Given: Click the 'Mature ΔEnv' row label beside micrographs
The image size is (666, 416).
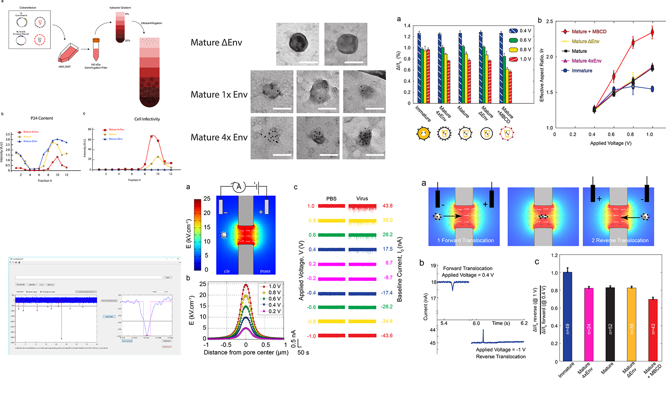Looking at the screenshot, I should [x=216, y=42].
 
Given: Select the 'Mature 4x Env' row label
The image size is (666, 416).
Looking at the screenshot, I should [x=219, y=137].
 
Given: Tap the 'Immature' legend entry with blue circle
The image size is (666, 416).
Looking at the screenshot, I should [x=582, y=71].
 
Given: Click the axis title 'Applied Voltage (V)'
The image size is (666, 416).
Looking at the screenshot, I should [x=610, y=143].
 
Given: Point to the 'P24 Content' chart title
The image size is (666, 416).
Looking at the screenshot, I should [x=42, y=118].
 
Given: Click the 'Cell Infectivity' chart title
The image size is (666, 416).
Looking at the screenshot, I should [x=147, y=119].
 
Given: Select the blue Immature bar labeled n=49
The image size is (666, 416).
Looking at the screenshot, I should [x=567, y=317].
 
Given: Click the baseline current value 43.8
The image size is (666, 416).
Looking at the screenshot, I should [x=387, y=206].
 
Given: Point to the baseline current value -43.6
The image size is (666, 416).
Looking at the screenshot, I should [x=387, y=336].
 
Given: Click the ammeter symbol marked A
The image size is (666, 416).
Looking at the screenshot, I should [x=239, y=187].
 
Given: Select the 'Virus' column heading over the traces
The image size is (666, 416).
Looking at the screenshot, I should [x=362, y=198].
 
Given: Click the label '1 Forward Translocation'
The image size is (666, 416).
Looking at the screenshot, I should [x=465, y=240].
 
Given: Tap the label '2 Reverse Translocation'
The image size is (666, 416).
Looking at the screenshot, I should [x=620, y=240].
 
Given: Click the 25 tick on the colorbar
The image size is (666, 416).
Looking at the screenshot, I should [x=207, y=199].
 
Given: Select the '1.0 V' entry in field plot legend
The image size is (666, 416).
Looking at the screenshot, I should [x=274, y=286].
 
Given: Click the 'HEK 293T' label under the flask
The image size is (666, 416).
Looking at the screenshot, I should [x=64, y=67].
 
